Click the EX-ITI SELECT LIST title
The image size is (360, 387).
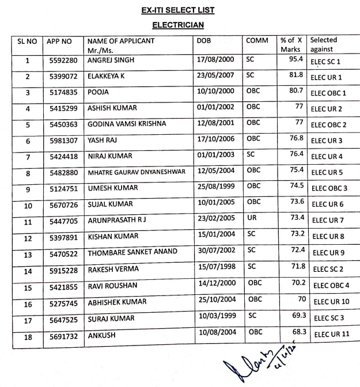pyautogui.click(x=180, y=10)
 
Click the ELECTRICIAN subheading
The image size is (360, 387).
pyautogui.click(x=180, y=25)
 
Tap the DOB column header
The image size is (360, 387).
pyautogui.click(x=204, y=41)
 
